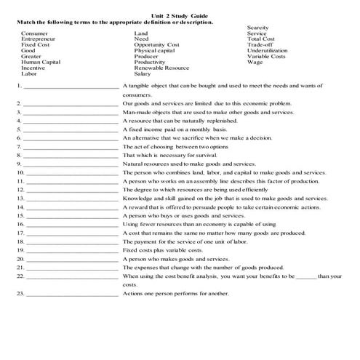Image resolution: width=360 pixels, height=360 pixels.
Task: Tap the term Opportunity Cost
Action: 156,45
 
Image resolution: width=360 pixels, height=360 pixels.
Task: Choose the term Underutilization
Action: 268,51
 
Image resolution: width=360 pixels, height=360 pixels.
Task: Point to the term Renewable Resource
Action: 161,68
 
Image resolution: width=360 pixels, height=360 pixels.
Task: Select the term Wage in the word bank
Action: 255,63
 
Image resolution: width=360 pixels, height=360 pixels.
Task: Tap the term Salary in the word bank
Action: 143,73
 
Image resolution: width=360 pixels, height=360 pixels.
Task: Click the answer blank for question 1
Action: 70,86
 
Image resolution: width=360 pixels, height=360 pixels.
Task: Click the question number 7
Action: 17,146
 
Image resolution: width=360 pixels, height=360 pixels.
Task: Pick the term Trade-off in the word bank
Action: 260,45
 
